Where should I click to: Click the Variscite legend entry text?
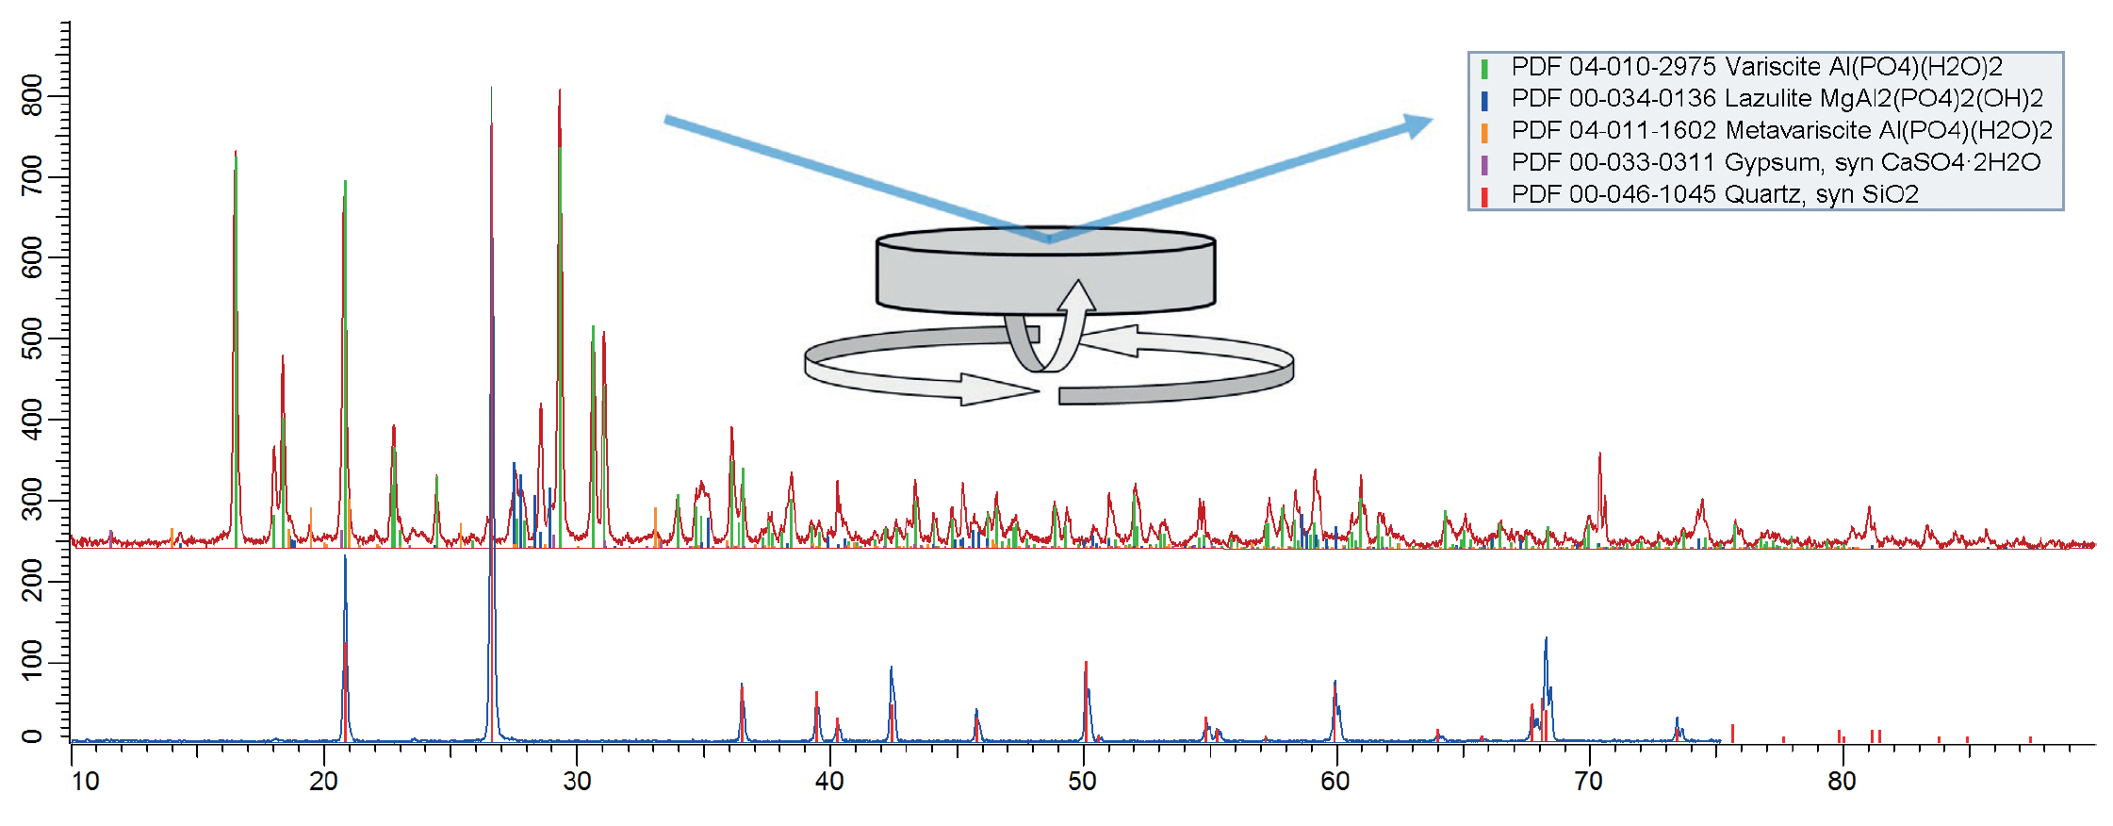click(1757, 67)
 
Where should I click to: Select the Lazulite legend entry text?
click(1777, 99)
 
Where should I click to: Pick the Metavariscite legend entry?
click(1782, 130)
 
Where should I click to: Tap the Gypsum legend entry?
click(1776, 162)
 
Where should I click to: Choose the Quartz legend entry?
click(1715, 194)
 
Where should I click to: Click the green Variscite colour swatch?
click(1484, 68)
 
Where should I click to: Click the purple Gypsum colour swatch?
click(1484, 164)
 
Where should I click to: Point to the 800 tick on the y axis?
click(63, 96)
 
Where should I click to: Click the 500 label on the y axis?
click(32, 339)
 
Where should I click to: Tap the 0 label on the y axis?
click(32, 736)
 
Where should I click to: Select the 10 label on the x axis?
click(85, 781)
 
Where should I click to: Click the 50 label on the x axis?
click(1082, 781)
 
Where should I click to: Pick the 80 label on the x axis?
click(1842, 781)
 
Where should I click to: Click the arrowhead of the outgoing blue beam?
click(1417, 124)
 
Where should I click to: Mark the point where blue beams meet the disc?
click(1049, 240)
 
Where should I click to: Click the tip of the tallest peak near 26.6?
click(491, 88)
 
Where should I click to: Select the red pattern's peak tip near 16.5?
click(236, 152)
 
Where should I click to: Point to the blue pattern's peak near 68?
click(1546, 639)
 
